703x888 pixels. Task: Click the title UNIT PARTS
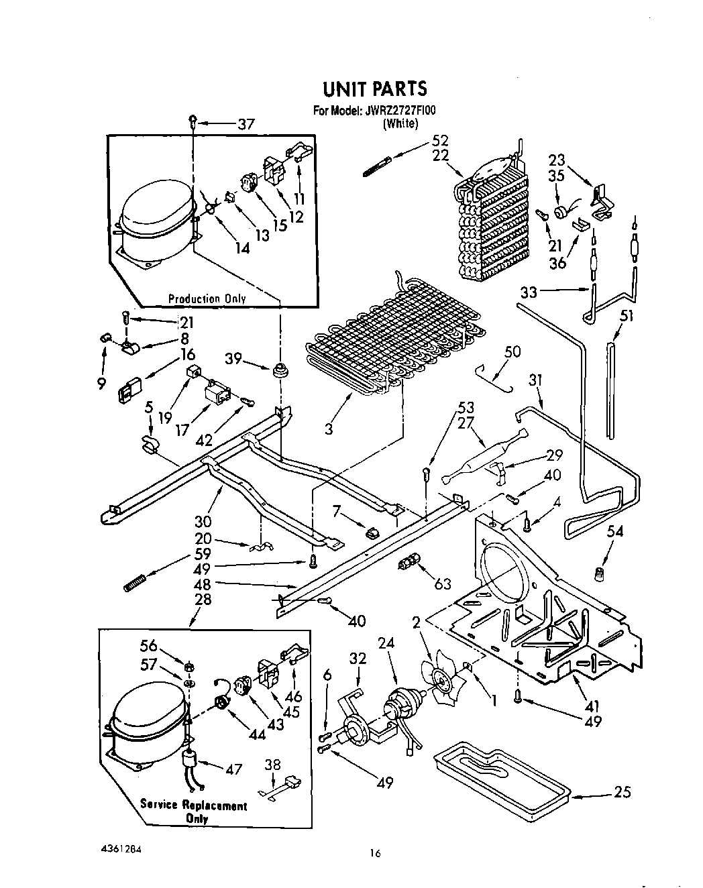click(375, 89)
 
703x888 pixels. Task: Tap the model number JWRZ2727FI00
click(400, 111)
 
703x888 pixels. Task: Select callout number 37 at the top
click(246, 124)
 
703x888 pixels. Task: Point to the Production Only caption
click(207, 298)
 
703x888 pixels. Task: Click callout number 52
click(440, 141)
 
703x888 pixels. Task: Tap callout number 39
click(233, 358)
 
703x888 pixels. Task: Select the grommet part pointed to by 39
click(280, 368)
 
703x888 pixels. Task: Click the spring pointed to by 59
click(135, 583)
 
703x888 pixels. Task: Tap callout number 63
click(443, 584)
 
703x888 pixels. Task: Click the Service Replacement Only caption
click(194, 812)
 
